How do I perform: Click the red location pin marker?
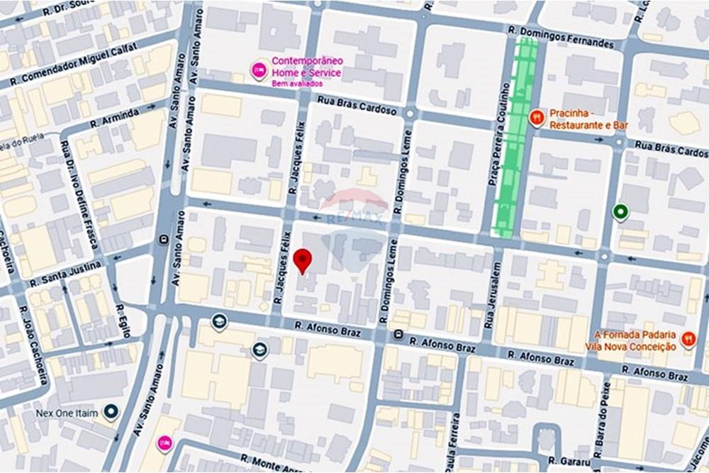pyautogui.click(x=303, y=260)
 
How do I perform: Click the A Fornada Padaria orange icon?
pyautogui.click(x=688, y=340)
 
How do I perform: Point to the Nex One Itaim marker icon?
pyautogui.click(x=110, y=412)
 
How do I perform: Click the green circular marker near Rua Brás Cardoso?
pyautogui.click(x=621, y=211)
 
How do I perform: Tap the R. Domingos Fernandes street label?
pyautogui.click(x=561, y=38)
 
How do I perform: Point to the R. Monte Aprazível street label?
pyautogui.click(x=273, y=464)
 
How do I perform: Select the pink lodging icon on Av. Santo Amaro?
pyautogui.click(x=164, y=443)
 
